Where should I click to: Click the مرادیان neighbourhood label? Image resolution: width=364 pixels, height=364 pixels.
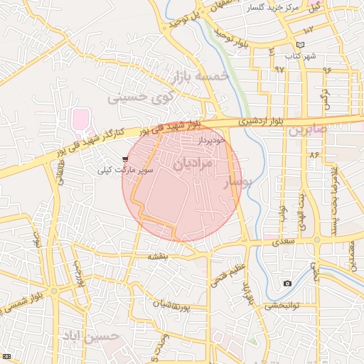click(193, 163)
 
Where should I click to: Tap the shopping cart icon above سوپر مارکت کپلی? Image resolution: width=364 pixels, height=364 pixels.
click(126, 160)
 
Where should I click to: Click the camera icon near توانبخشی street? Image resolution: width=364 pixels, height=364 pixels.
click(287, 284)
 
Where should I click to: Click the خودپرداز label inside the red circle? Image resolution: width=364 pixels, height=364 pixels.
click(213, 140)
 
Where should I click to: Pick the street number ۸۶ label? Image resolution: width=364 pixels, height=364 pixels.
click(314, 154)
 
